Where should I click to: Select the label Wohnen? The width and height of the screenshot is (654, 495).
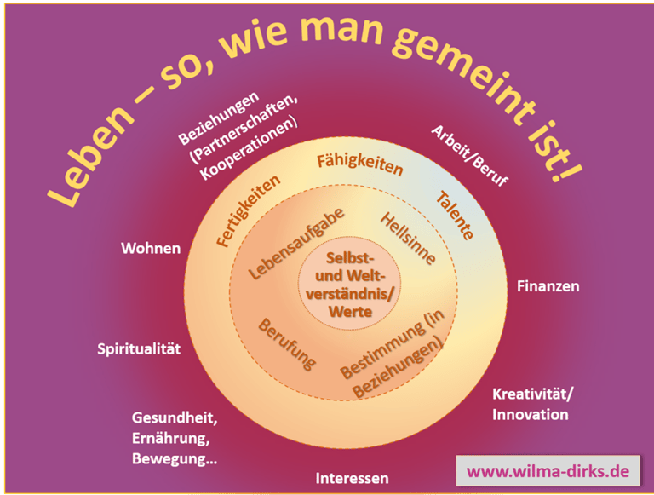[x=151, y=248]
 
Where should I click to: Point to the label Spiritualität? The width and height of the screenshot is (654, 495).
[x=139, y=349]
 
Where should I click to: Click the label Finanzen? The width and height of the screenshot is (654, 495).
[x=548, y=286]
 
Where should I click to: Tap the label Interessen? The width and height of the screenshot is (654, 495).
[x=352, y=478]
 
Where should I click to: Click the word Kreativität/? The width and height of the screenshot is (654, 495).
[x=534, y=394]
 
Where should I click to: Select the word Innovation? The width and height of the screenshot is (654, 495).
[x=531, y=415]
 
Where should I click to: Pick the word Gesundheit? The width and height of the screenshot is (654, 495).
[x=176, y=418]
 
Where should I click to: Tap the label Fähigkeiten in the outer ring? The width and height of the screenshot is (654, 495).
[x=359, y=164]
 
